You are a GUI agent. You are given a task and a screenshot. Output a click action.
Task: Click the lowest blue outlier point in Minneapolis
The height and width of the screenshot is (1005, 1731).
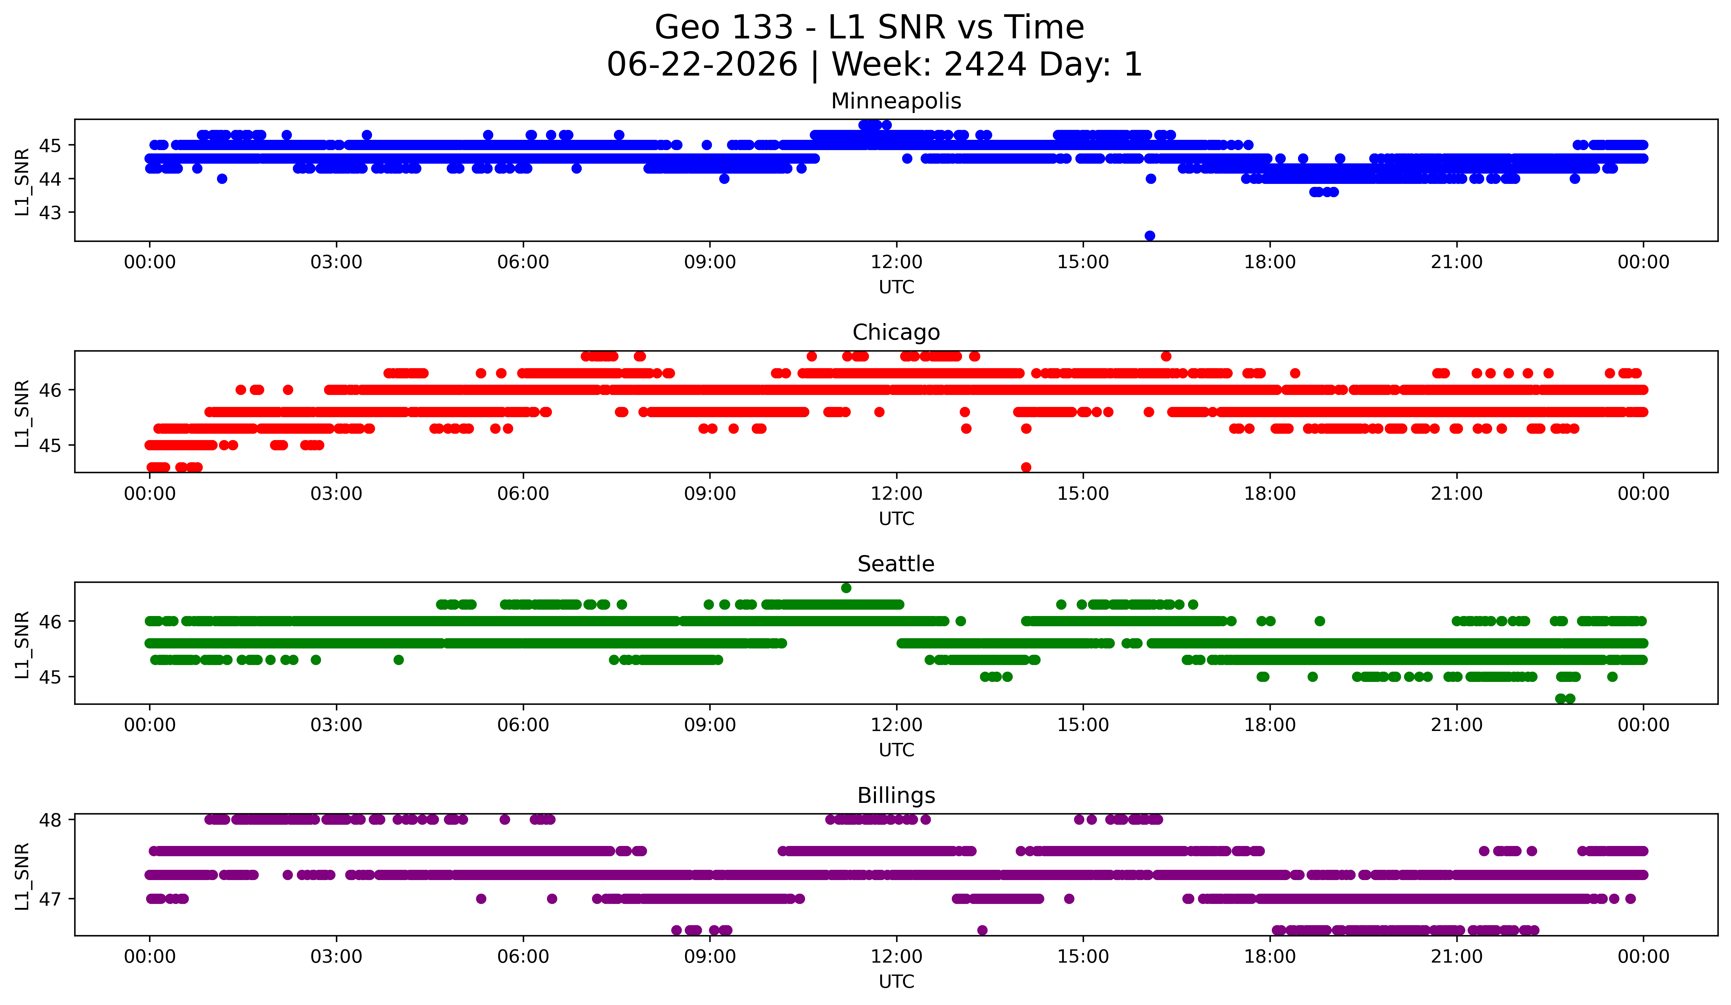click(1150, 236)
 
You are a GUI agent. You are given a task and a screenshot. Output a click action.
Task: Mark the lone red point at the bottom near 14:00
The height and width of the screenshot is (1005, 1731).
click(1026, 467)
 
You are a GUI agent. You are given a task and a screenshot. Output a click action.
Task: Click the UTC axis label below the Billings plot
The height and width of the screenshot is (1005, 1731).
click(896, 982)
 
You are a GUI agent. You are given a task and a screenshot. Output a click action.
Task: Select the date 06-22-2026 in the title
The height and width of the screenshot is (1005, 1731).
click(702, 65)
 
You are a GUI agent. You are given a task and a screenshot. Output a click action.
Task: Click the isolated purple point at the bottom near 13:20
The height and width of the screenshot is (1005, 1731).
click(982, 930)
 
